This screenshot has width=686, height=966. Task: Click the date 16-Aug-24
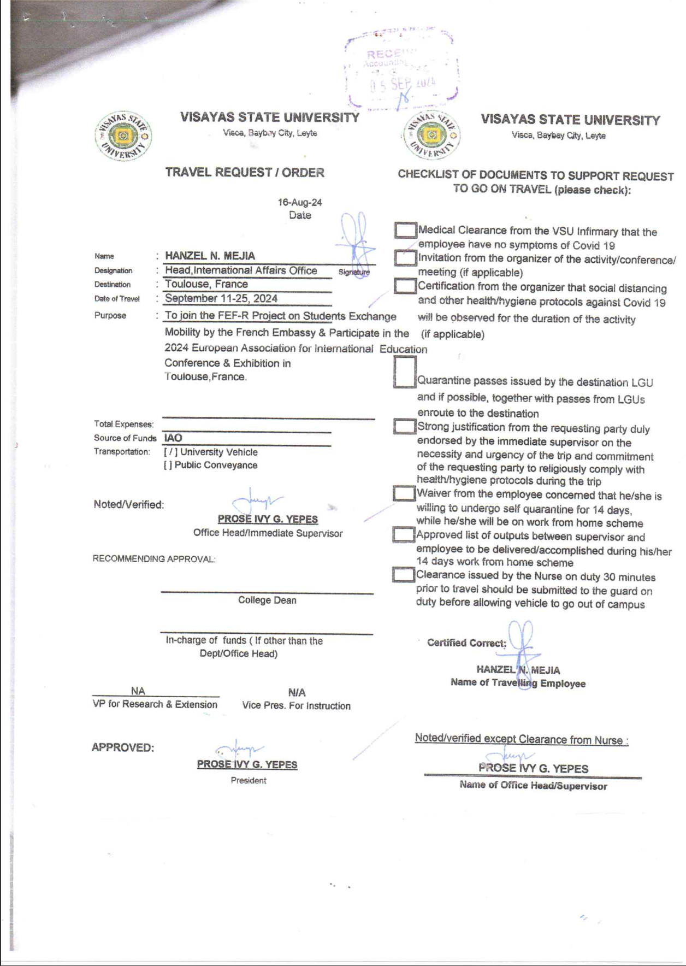tap(300, 202)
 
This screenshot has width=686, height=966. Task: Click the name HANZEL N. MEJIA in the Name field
tap(210, 256)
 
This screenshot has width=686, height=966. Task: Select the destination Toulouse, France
tap(206, 284)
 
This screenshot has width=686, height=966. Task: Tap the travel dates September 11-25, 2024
tap(221, 298)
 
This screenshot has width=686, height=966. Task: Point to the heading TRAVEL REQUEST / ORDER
tap(245, 173)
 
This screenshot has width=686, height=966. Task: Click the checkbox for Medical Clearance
tap(405, 230)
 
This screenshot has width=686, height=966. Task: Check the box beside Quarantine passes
tap(405, 372)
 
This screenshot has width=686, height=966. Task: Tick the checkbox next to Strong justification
tap(404, 426)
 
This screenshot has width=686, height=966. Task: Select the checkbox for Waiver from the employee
tap(404, 493)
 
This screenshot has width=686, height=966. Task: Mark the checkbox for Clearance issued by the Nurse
tap(403, 574)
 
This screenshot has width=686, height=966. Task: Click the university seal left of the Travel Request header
tap(123, 136)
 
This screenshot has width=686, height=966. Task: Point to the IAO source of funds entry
tap(173, 438)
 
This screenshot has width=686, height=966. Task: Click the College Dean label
tap(267, 600)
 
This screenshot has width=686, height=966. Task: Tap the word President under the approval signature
tap(249, 780)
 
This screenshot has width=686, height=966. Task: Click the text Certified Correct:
tap(466, 643)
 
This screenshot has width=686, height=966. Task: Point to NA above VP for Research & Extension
tap(138, 691)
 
